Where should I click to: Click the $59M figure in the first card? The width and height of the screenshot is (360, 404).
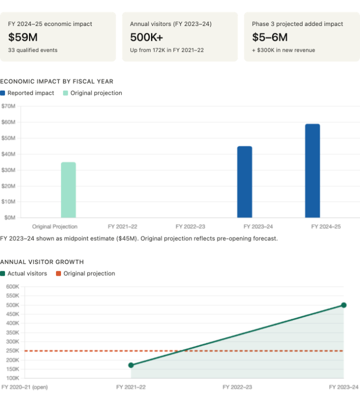point(23,37)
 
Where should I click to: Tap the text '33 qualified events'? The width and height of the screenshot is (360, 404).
point(33,50)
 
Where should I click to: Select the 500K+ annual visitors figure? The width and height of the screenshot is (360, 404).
point(146,37)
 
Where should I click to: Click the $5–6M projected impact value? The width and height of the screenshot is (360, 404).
point(269,37)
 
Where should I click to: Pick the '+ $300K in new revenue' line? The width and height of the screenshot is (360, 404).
point(283,50)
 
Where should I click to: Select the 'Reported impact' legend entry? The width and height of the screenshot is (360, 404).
point(31,93)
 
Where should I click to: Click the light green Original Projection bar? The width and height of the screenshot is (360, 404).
point(69,190)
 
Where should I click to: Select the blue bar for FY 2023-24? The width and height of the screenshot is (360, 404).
point(245,182)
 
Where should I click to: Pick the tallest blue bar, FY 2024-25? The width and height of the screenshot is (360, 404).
point(312,170)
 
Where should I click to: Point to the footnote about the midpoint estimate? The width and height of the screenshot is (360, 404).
point(139,238)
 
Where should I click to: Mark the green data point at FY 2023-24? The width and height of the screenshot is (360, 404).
point(344,305)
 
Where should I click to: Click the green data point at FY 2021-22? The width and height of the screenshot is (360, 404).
point(131,365)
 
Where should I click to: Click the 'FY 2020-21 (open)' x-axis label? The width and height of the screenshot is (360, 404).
point(24,387)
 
